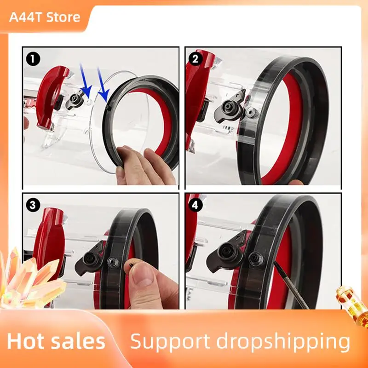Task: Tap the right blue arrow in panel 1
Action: tap(103, 85)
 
